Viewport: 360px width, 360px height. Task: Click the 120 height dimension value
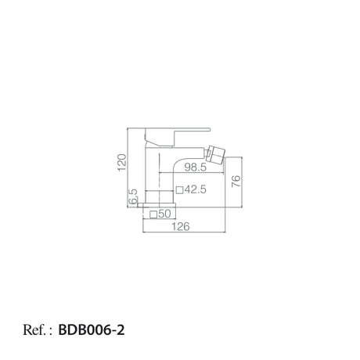tap(122, 162)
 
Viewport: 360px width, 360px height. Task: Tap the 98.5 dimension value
tap(196, 167)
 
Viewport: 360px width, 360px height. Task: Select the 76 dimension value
tap(236, 181)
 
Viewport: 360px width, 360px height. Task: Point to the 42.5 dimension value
tap(196, 189)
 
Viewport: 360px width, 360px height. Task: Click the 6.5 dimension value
tap(133, 196)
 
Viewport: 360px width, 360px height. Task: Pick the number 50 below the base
tap(164, 214)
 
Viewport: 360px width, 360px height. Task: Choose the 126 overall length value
tap(181, 226)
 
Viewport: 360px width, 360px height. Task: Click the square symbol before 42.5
tap(179, 190)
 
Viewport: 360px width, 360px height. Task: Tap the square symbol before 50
tap(153, 214)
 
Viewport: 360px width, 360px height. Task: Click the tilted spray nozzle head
tap(215, 154)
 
